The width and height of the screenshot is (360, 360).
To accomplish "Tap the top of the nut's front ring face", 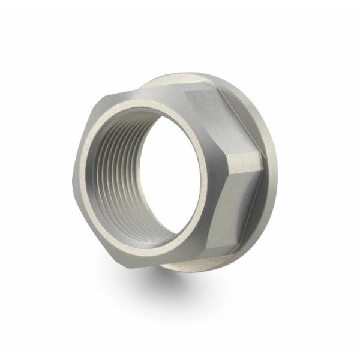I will point(144,102).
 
